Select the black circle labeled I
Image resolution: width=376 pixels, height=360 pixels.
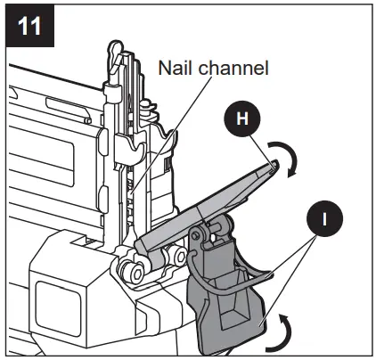[x=328, y=216]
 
